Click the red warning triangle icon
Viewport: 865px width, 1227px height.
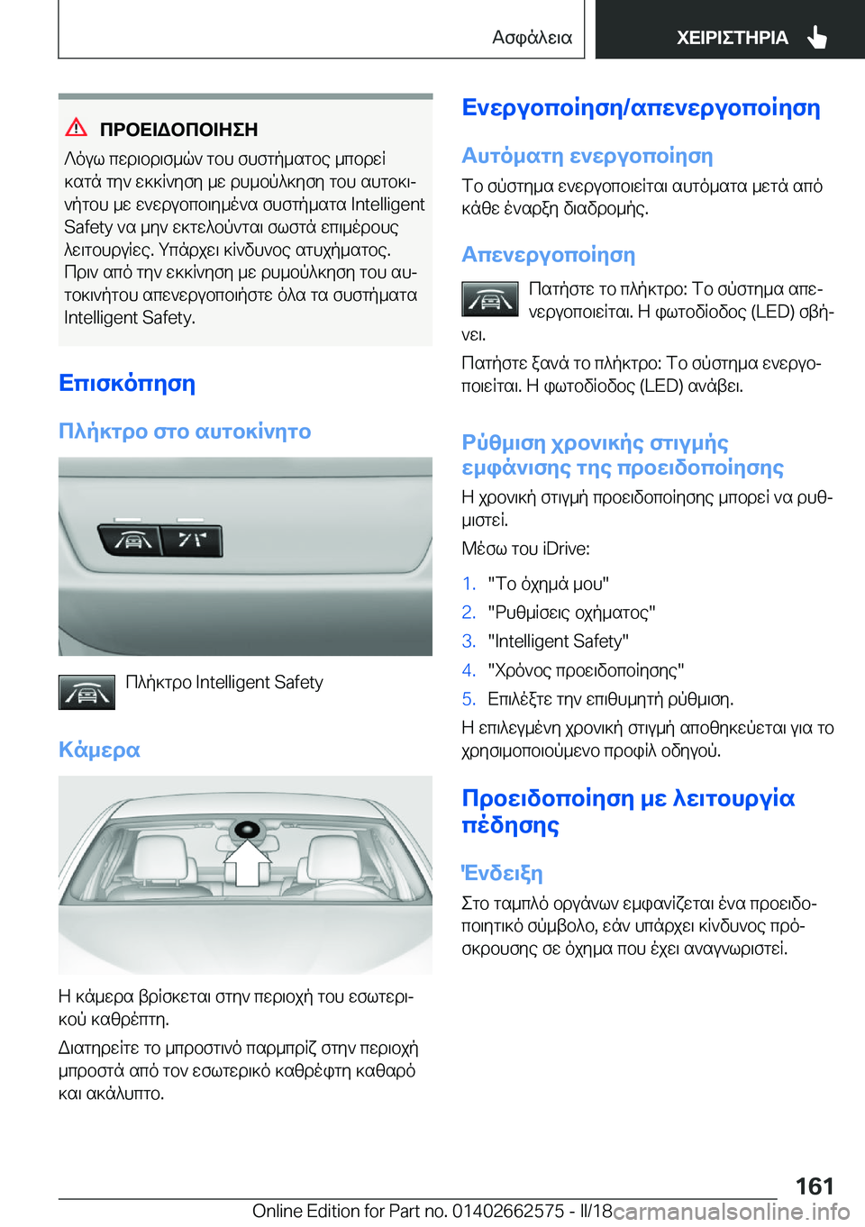click(x=77, y=127)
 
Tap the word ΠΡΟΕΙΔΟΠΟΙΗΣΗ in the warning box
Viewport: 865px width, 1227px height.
click(x=178, y=130)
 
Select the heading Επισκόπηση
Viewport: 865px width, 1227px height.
click(x=127, y=383)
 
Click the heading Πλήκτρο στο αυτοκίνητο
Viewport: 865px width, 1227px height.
click(x=185, y=432)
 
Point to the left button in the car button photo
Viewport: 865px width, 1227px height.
click(x=132, y=541)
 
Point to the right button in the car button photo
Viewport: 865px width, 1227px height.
click(x=192, y=541)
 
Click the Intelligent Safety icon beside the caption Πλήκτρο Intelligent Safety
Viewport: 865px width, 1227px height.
click(x=86, y=693)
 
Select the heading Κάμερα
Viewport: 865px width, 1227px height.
click(x=99, y=750)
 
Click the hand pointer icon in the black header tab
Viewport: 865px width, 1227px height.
click(x=817, y=37)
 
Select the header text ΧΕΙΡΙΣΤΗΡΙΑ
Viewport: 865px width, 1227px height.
click(x=732, y=38)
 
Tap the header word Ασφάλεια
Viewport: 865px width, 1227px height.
click(x=532, y=38)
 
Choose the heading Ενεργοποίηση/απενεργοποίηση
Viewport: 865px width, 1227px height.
click(x=641, y=107)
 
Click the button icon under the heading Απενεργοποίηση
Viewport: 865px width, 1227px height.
click(x=489, y=299)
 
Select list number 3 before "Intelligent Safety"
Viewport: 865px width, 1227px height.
click(x=469, y=641)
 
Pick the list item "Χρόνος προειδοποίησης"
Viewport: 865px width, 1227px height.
click(x=586, y=670)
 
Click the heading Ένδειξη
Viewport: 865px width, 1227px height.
click(x=502, y=873)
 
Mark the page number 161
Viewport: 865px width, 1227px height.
click(x=815, y=1186)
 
